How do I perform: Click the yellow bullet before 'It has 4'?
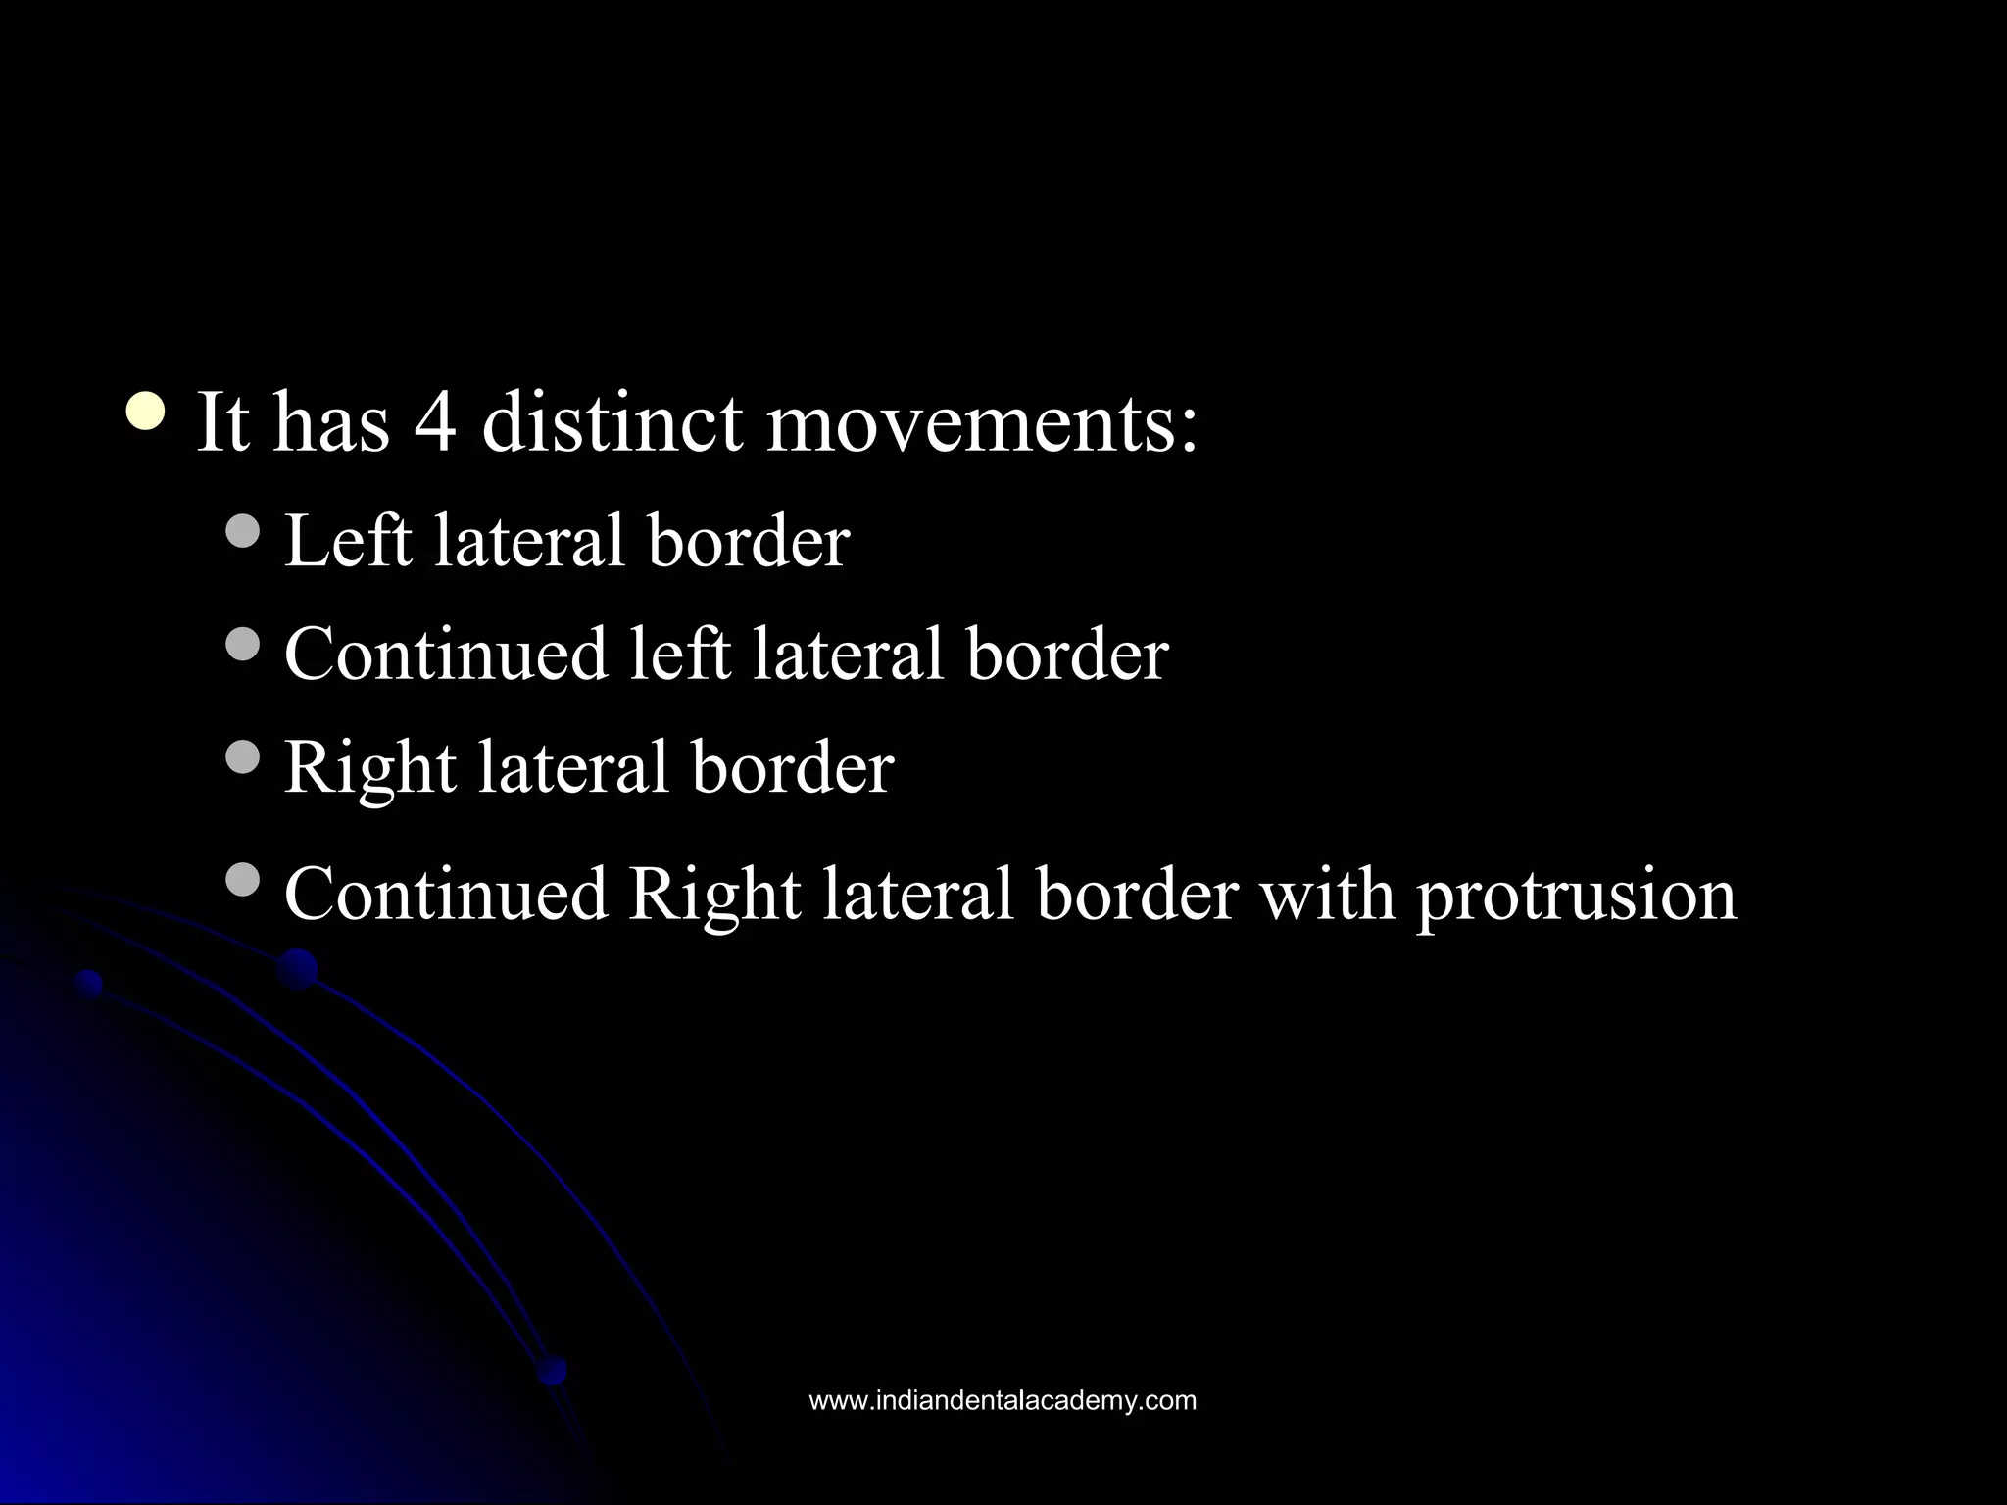click(x=146, y=410)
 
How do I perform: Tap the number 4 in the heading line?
click(x=435, y=423)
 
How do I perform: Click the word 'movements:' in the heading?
click(x=981, y=423)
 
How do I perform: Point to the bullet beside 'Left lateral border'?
click(x=242, y=531)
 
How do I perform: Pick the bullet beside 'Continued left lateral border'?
click(x=242, y=644)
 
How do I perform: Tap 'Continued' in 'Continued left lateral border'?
click(x=446, y=654)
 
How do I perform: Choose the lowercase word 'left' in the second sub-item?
click(x=679, y=654)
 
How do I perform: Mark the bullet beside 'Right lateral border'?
click(x=242, y=755)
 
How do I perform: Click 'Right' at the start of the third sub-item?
click(x=369, y=767)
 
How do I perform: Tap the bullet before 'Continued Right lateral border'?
click(x=242, y=879)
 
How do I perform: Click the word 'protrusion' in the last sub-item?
click(x=1576, y=897)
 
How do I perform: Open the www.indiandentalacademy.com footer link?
click(x=1003, y=1400)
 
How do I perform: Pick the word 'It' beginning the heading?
click(x=222, y=423)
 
